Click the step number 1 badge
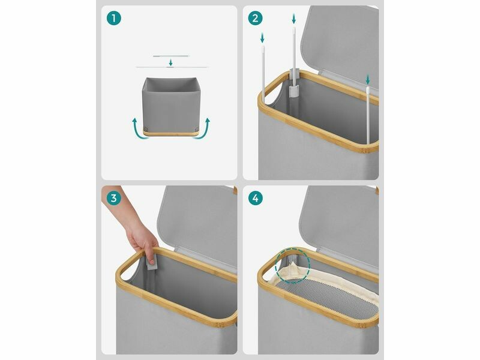[x=114, y=18]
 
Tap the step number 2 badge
[x=256, y=18]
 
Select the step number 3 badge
[x=114, y=198]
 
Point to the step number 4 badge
[x=256, y=198]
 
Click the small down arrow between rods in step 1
[x=171, y=62]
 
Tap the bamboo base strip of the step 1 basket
[x=171, y=133]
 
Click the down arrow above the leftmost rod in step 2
[x=262, y=38]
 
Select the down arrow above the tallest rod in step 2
[x=294, y=19]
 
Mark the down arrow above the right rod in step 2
[x=368, y=80]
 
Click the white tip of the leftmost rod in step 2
[x=263, y=49]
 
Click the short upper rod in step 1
[x=172, y=56]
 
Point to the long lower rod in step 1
[x=172, y=67]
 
